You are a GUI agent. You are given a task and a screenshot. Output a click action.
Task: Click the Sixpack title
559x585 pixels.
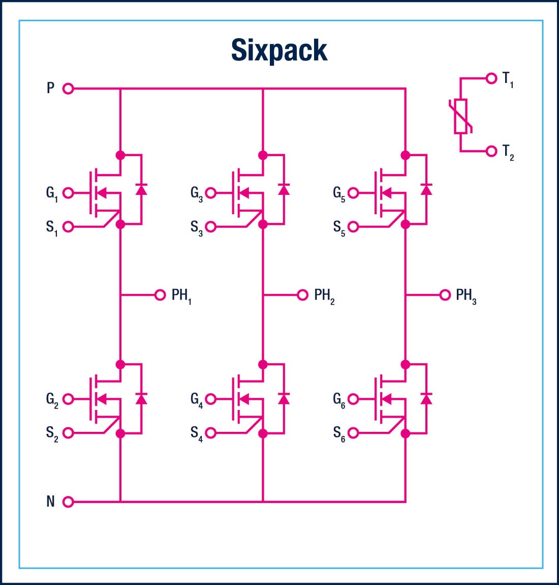279,50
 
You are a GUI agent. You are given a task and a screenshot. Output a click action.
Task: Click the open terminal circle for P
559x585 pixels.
68,89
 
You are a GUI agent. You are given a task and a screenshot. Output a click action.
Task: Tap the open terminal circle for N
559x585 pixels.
68,502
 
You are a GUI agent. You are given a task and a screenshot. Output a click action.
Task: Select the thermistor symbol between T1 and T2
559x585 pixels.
461,116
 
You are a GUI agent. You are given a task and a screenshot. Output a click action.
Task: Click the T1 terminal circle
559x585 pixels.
491,78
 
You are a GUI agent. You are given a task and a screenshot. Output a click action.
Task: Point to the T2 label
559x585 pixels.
508,152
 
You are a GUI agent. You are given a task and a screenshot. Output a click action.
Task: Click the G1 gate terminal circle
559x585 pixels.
68,193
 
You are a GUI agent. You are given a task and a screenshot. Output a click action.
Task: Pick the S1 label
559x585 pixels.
52,227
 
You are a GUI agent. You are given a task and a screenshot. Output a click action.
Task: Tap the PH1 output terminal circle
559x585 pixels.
160,295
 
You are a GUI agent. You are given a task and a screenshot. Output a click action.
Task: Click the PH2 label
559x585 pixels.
324,296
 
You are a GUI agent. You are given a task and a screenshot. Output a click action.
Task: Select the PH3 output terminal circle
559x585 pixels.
445,295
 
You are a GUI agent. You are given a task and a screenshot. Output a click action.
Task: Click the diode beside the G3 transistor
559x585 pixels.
284,189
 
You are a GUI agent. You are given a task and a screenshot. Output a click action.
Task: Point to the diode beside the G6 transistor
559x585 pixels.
426,398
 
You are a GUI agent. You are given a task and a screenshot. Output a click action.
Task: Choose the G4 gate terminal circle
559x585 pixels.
211,399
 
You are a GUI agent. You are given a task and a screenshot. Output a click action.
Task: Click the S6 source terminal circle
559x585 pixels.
353,433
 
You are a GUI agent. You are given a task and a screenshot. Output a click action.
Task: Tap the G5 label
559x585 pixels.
339,194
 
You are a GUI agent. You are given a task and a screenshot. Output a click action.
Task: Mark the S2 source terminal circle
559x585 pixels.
68,433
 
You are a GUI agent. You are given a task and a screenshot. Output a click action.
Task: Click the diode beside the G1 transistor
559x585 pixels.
141,189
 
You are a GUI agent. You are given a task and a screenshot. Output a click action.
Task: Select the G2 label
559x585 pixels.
52,400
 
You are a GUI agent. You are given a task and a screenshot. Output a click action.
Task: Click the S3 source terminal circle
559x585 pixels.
211,227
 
